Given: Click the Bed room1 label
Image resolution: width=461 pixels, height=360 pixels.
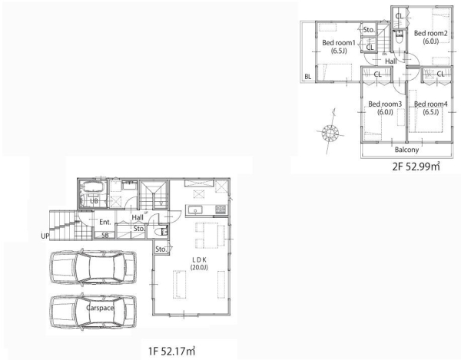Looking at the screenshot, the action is click(x=339, y=46).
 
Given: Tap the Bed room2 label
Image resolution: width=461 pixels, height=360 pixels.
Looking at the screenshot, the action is click(x=431, y=37).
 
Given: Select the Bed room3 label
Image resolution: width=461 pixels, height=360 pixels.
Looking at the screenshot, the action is click(x=385, y=107).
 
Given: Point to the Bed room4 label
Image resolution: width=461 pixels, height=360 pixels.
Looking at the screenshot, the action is click(x=431, y=107).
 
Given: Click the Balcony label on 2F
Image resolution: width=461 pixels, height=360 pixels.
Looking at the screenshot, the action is click(x=406, y=150).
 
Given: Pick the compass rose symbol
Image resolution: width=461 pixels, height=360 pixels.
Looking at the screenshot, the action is click(x=330, y=132).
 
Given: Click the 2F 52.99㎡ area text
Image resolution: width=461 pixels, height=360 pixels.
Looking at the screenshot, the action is click(x=416, y=167).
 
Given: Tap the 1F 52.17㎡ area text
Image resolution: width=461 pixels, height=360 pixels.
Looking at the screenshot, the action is click(x=171, y=351).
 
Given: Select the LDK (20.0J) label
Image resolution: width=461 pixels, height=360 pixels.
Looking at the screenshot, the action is click(x=199, y=263).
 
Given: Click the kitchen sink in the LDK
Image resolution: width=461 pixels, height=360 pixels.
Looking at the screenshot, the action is click(x=195, y=210).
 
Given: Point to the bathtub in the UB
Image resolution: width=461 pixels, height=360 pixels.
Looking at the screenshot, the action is click(x=94, y=187).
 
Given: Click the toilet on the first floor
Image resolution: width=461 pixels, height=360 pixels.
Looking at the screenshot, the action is click(x=161, y=231).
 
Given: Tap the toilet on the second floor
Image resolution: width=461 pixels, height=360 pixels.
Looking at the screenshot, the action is click(x=399, y=38).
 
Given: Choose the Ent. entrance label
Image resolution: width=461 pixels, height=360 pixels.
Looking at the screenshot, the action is click(x=105, y=222).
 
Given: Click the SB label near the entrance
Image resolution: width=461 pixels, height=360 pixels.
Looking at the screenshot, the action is click(x=105, y=235).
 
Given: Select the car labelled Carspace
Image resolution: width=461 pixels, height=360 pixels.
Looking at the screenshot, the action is click(x=93, y=311).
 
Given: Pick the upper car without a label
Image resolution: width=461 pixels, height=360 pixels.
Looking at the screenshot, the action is click(x=93, y=267).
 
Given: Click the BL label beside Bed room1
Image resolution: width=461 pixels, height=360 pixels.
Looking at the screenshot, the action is click(x=308, y=77).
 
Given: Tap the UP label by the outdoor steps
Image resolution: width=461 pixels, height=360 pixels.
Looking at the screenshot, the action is click(x=45, y=236).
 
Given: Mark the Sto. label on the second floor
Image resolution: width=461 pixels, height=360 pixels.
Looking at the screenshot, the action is click(x=369, y=30).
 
